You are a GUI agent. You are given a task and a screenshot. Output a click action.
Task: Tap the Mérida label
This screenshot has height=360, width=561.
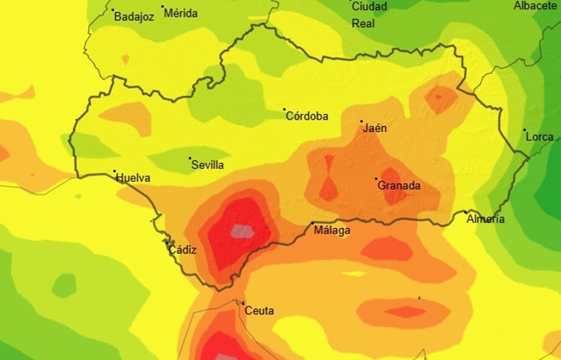pyautogui.click(x=180, y=14)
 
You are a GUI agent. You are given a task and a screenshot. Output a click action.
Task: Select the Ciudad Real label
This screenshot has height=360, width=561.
pyautogui.click(x=369, y=14)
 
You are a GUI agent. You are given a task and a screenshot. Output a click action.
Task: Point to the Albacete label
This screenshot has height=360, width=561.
pyautogui.click(x=535, y=6)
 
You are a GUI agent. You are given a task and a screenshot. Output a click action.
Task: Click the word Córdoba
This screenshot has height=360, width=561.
pyautogui.click(x=307, y=116)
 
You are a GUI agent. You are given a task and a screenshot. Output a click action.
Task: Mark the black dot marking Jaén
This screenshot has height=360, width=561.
pyautogui.click(x=361, y=122)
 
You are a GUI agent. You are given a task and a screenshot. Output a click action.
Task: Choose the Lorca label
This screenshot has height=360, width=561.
pyautogui.click(x=539, y=137)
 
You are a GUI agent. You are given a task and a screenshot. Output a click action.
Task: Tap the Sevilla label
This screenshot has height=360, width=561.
pyautogui.click(x=208, y=165)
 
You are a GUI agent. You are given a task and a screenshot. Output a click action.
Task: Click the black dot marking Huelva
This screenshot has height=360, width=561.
pyautogui.click(x=115, y=171)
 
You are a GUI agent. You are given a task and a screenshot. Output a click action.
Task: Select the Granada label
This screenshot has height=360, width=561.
pyautogui.click(x=399, y=186)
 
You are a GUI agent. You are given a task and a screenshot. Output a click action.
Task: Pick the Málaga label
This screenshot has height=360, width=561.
pyautogui.click(x=331, y=230)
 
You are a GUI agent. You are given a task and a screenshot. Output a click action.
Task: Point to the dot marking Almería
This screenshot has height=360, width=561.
pyautogui.click(x=466, y=212)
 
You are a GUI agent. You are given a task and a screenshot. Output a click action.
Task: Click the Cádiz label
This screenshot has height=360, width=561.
pyautogui.click(x=182, y=250)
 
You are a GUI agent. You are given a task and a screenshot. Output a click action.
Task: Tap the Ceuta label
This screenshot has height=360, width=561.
pyautogui.click(x=259, y=311)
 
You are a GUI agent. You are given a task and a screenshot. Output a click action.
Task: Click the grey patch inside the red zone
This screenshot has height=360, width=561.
pyautogui.click(x=241, y=230)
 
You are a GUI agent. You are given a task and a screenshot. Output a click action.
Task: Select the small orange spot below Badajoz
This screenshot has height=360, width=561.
pyautogui.click(x=125, y=59)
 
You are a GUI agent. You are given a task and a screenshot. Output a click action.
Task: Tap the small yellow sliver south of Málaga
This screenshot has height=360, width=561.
pyautogui.click(x=353, y=274)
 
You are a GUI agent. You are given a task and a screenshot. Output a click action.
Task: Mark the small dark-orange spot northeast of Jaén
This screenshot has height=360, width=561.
pyautogui.click(x=438, y=97)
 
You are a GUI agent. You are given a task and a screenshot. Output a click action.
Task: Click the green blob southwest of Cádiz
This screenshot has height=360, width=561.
pyautogui.click(x=64, y=285)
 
